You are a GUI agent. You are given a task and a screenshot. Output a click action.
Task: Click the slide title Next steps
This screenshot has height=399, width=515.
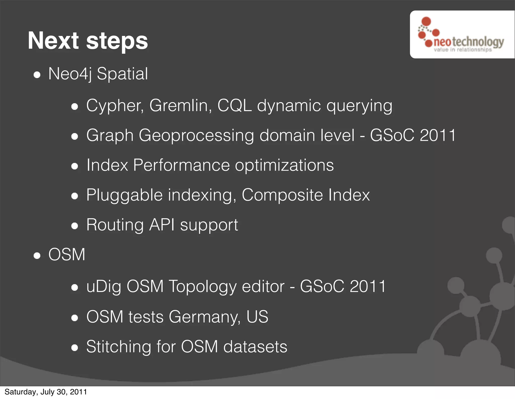point(88,41)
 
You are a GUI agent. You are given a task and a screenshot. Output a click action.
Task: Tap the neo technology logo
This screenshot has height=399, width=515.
point(462,35)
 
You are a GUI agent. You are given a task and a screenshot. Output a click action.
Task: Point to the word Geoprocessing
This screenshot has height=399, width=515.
point(196,136)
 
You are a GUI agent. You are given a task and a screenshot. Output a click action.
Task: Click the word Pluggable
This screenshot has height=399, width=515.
point(124,195)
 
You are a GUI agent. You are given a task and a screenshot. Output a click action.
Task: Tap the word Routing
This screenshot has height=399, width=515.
point(115,225)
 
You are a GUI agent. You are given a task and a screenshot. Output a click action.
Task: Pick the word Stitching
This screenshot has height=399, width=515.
point(118,347)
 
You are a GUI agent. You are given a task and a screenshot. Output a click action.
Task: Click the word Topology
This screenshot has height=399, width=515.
point(202,287)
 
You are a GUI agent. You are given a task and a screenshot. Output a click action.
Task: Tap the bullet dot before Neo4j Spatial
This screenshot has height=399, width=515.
point(37,75)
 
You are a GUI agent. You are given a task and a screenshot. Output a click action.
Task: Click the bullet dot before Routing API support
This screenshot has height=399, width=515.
point(74,226)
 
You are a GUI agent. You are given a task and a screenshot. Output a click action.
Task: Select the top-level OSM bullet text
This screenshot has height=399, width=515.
point(67,255)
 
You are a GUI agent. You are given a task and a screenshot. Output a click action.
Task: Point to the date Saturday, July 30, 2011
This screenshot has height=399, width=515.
point(46,392)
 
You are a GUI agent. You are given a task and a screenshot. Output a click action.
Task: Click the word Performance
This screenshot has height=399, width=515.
point(181,165)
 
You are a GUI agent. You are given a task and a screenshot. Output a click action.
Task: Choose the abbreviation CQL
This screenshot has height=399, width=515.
point(234,106)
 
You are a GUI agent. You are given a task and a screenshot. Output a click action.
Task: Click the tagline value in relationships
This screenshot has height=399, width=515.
point(462,50)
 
